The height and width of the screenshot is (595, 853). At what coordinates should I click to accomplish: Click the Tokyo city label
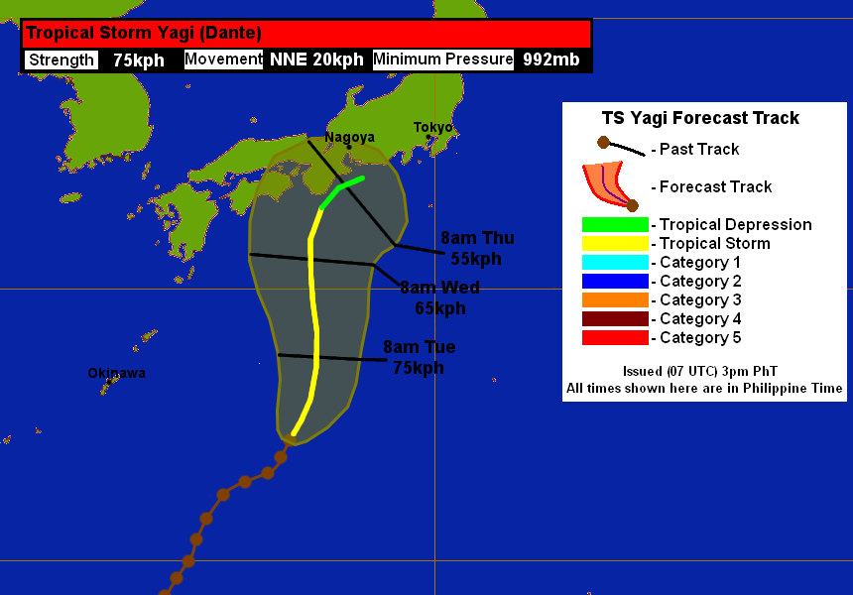tap(432, 127)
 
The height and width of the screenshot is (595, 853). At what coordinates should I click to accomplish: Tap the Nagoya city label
tap(349, 137)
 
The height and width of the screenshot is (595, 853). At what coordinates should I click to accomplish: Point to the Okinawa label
tap(116, 373)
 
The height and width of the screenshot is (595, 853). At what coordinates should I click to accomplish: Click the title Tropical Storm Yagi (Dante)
tap(144, 33)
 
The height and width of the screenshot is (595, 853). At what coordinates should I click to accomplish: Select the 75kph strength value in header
tap(139, 59)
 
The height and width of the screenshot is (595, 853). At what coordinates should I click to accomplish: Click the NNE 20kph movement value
tap(316, 59)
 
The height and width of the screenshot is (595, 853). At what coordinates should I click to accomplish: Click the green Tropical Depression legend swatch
tap(614, 224)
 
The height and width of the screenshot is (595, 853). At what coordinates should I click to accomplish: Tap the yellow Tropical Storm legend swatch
tap(614, 243)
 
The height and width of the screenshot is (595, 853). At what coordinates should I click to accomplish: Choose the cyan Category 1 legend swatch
tap(614, 262)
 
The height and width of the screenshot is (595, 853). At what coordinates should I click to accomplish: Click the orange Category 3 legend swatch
tap(614, 299)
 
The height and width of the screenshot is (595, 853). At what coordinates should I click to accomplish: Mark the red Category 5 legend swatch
tap(614, 337)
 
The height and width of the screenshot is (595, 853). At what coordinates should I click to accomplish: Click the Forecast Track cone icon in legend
tap(609, 186)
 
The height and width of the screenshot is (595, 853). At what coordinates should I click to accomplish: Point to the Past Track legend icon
tap(620, 148)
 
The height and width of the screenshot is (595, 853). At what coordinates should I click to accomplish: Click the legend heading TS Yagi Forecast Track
tap(700, 118)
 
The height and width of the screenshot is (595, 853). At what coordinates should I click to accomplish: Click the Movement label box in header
tap(223, 59)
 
